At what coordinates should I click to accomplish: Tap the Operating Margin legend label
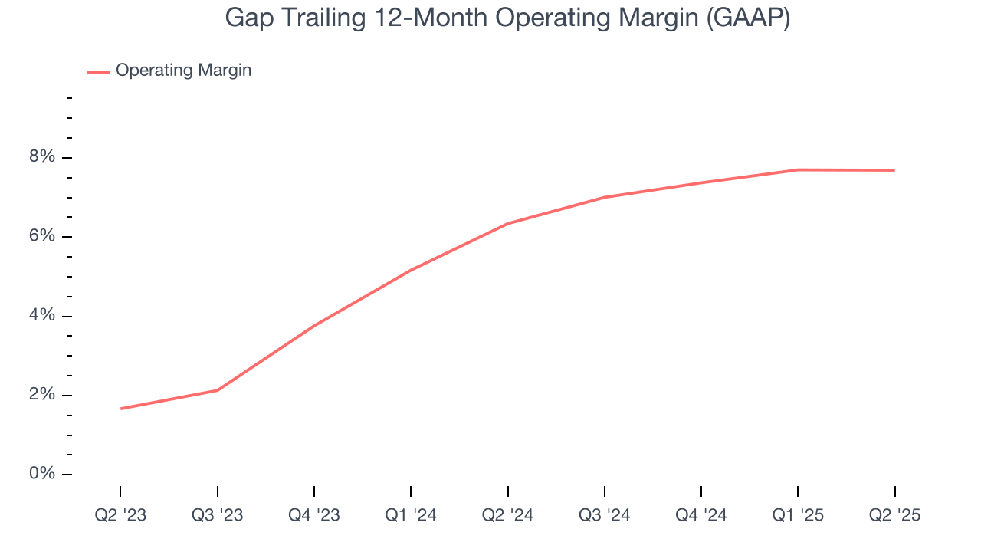[x=183, y=71]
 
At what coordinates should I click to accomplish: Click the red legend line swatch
[x=98, y=71]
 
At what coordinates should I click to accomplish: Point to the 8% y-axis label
[x=43, y=157]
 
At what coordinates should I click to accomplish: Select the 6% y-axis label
[x=43, y=236]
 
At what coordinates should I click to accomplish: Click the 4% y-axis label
[x=43, y=316]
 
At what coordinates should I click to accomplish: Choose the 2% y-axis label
[x=43, y=395]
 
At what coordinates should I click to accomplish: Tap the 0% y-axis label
[x=43, y=474]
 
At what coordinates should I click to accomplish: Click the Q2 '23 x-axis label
[x=120, y=515]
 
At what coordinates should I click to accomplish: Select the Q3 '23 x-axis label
[x=217, y=515]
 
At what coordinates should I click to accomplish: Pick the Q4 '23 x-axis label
[x=313, y=515]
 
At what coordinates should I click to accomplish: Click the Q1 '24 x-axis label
[x=411, y=515]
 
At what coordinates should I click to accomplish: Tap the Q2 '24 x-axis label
[x=507, y=515]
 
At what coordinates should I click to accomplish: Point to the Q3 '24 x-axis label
[x=604, y=515]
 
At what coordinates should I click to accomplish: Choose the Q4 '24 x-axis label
[x=700, y=515]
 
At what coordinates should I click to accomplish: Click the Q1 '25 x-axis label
[x=798, y=515]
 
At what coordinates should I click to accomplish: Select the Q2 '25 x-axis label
[x=894, y=515]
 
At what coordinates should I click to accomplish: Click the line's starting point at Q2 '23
[x=121, y=409]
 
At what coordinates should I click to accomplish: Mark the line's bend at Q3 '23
[x=218, y=390]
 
